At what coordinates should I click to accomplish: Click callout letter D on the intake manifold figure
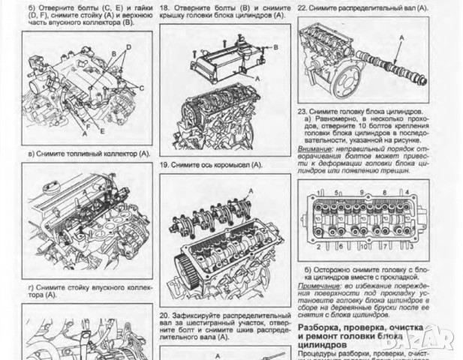pos(128,47)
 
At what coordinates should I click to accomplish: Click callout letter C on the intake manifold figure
pos(140,88)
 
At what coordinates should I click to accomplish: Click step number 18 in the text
pos(165,7)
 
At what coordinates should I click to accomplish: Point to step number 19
pos(165,164)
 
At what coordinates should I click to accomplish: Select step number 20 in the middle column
pos(165,316)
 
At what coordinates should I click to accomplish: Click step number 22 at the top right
pos(302,7)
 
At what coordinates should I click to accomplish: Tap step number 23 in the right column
pos(302,110)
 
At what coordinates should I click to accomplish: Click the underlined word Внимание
pos(314,148)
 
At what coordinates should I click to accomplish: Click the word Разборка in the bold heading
pos(320,328)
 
